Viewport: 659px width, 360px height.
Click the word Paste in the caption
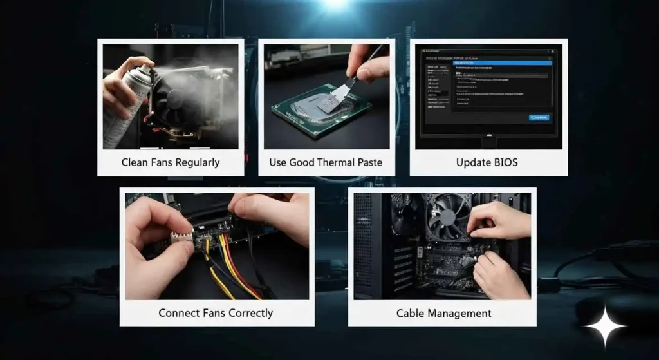pos(369,162)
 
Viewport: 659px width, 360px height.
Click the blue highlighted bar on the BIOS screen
pos(502,62)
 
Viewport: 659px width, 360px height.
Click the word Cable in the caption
pos(411,314)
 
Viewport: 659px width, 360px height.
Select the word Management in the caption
pos(459,314)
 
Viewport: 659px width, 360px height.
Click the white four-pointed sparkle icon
pos(605,327)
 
